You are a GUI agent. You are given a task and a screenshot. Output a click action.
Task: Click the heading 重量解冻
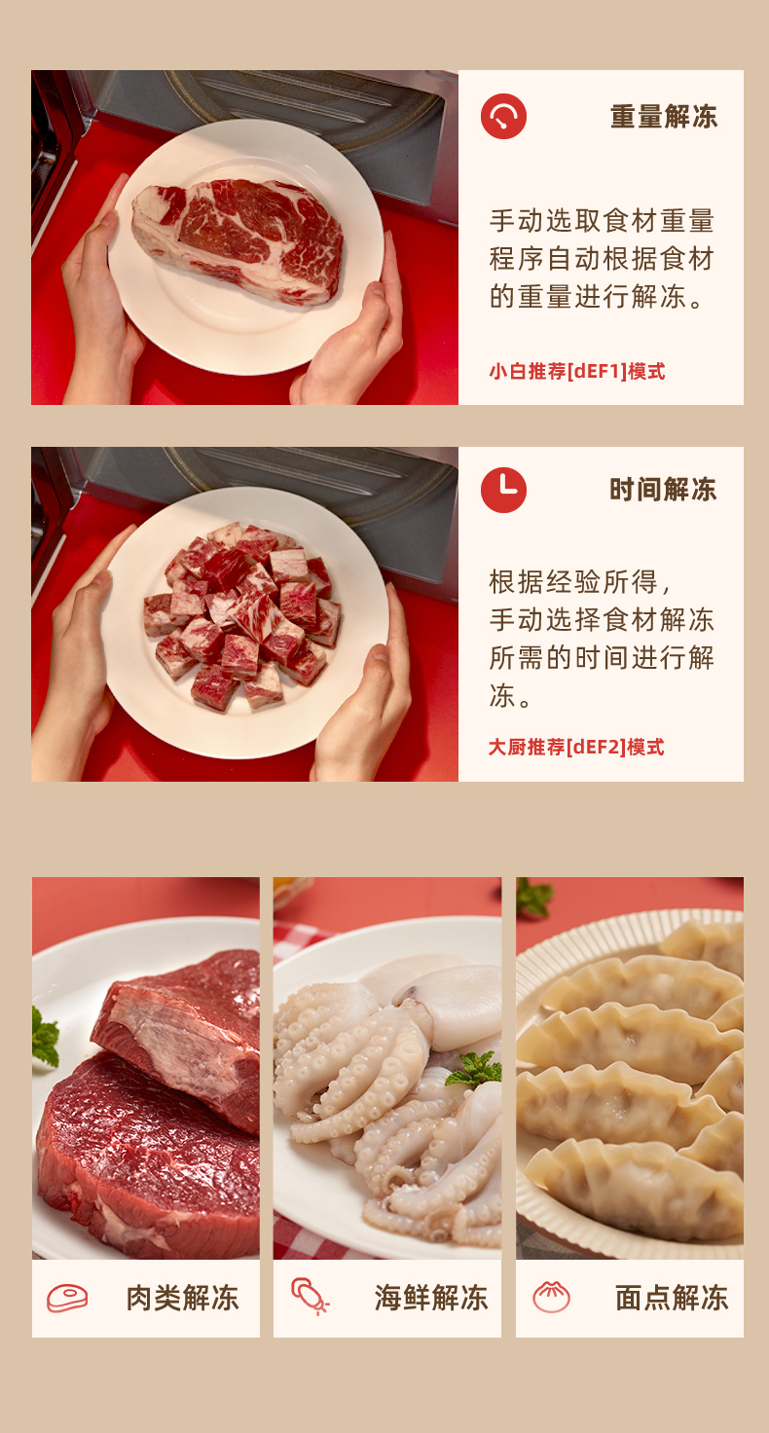[664, 117]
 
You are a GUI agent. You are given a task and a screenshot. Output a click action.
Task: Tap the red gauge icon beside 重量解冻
[503, 117]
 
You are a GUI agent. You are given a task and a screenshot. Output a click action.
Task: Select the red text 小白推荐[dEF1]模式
[577, 371]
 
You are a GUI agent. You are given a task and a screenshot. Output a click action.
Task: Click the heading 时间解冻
[663, 490]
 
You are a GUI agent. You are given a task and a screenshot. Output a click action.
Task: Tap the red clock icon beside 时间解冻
[503, 490]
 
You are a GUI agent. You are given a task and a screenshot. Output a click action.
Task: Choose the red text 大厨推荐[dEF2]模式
[576, 747]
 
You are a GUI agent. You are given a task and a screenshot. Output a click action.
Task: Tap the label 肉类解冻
[182, 1298]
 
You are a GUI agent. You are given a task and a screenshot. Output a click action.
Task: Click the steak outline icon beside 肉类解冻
[67, 1298]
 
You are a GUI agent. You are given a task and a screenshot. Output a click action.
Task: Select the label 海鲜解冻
[431, 1298]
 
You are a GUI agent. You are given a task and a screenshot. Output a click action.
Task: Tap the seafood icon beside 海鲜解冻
[311, 1296]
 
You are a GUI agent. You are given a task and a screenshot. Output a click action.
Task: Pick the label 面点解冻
[672, 1298]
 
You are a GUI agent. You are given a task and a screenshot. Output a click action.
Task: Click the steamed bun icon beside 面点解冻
[552, 1297]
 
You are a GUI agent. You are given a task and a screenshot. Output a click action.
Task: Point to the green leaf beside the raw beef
[45, 1037]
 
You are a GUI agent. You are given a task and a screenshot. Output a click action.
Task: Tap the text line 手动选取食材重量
[602, 221]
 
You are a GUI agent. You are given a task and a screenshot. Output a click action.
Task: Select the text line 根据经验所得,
[579, 582]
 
